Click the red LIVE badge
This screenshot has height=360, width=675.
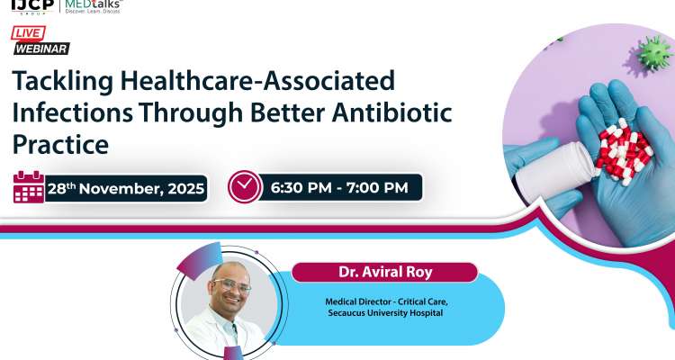28,33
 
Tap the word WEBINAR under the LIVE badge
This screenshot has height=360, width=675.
41,49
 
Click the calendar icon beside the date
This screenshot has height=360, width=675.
29,187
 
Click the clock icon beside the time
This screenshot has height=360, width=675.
244,187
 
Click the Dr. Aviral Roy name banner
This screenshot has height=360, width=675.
384,272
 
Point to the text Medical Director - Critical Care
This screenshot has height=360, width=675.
385,301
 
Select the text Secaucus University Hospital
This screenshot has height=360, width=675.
385,314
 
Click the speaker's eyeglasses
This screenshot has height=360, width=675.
231,286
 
